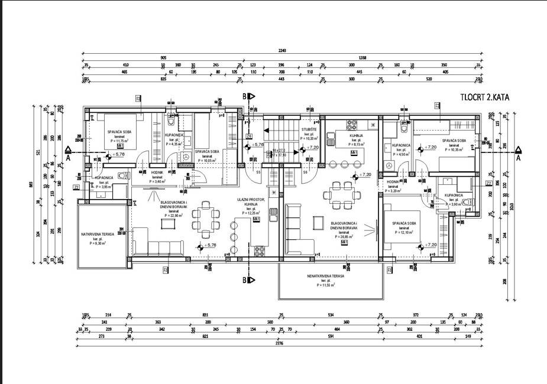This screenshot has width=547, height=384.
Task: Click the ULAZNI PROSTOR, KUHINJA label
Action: coord(250,202)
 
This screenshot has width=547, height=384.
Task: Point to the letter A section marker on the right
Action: coord(518,158)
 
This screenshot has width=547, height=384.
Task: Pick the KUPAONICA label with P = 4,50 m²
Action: coord(401,145)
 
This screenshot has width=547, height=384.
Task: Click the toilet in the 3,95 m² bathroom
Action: coord(122,175)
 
